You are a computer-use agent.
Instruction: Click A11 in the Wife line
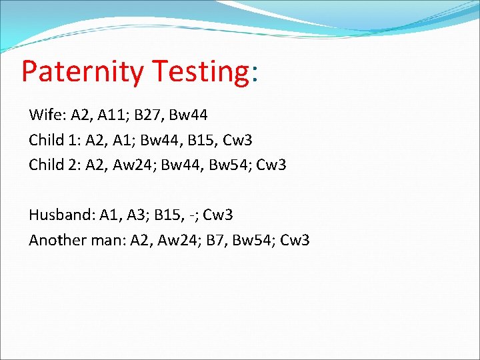pos(111,115)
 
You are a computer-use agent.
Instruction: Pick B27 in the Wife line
pos(147,115)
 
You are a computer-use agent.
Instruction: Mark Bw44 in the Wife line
pos(188,115)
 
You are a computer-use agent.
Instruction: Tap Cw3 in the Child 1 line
pos(239,140)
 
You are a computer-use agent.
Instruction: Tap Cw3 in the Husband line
pos(218,215)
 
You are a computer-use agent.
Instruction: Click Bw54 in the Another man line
pos(253,240)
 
